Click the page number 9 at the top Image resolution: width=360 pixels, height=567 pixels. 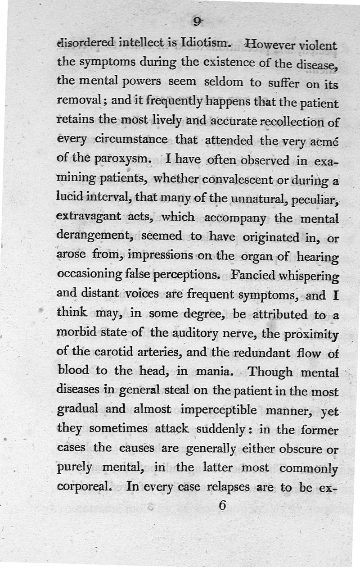click(x=197, y=22)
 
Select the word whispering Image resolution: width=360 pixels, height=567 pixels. click(x=312, y=276)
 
